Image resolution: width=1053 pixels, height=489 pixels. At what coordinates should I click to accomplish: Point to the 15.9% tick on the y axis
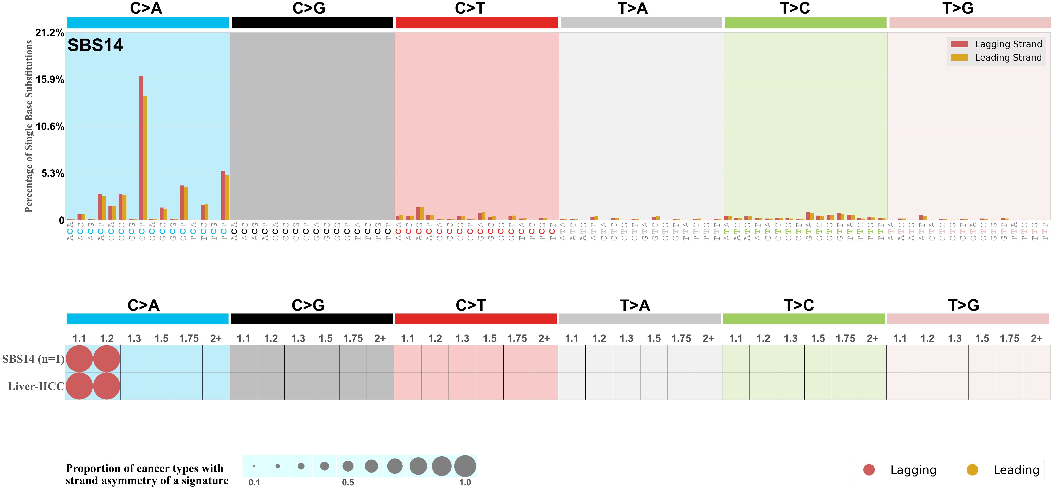pyautogui.click(x=50, y=79)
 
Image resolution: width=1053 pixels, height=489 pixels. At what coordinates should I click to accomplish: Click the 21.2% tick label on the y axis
pyautogui.click(x=50, y=33)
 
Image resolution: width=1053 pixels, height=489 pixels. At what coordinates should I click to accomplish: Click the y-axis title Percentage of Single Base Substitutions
pyautogui.click(x=29, y=126)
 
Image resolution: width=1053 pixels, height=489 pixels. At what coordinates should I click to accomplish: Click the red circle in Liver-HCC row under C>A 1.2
pyautogui.click(x=107, y=386)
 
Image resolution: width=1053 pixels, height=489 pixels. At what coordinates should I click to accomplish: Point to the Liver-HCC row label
pyautogui.click(x=36, y=386)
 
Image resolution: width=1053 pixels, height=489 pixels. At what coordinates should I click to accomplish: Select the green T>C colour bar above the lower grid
pyautogui.click(x=804, y=319)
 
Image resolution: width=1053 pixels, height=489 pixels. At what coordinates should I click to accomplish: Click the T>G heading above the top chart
pyautogui.click(x=958, y=8)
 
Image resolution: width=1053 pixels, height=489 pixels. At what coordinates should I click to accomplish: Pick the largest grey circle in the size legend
pyautogui.click(x=465, y=466)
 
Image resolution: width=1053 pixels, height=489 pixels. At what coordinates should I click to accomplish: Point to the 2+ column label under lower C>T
pyautogui.click(x=544, y=339)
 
